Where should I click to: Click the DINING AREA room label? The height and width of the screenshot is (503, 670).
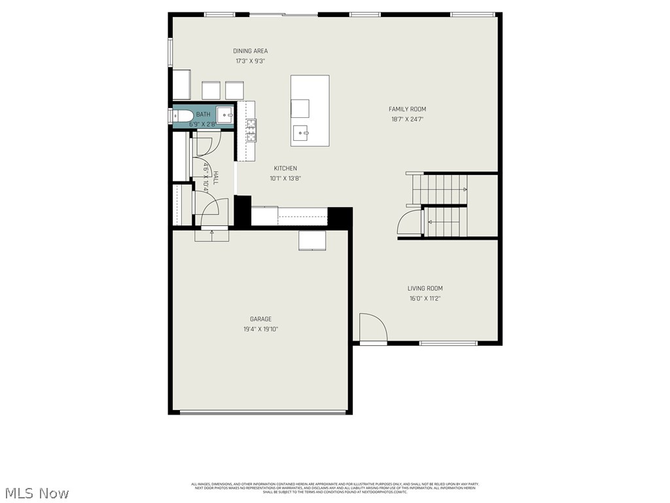point(250,51)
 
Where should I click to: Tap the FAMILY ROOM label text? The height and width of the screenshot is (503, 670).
point(407,109)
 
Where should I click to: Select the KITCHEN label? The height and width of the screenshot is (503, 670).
point(285,168)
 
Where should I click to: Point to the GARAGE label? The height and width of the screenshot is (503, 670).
point(260,319)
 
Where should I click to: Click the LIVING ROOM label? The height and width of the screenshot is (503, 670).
point(425,288)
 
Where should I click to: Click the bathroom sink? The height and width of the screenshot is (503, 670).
point(225,115)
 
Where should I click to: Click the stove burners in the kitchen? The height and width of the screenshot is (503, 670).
point(251,130)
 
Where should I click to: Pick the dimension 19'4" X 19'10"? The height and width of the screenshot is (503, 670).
point(260,329)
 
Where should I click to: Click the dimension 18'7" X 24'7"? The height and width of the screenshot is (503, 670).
point(407,119)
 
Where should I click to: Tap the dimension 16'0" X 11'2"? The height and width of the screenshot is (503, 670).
point(425,298)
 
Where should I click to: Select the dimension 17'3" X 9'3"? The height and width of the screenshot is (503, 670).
point(250,61)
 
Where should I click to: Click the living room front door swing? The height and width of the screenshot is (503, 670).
point(373,327)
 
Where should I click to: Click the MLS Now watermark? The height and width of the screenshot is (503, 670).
point(36,493)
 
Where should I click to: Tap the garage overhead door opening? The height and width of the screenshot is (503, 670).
point(263,412)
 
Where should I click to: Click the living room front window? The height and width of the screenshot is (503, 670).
point(448,343)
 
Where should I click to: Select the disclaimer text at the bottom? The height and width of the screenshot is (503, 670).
point(335,488)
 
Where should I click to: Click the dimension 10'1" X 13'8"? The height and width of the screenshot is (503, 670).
point(285,178)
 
